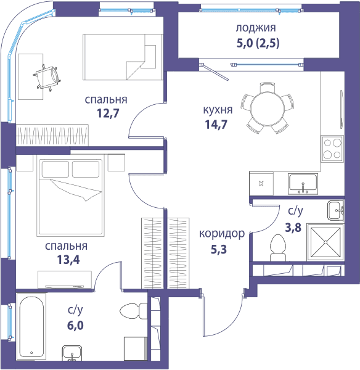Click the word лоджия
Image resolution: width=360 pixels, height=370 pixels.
pos(256,28)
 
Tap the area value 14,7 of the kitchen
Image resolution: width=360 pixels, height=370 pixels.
pos(216,125)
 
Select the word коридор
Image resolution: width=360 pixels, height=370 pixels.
pos(222,234)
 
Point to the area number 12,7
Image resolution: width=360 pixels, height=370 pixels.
pos(108,113)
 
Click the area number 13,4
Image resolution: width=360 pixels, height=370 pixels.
pos(68,260)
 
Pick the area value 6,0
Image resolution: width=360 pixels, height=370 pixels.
pos(75,326)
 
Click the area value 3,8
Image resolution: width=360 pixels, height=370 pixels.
pos(293,228)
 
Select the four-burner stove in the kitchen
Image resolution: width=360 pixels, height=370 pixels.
pos(332,149)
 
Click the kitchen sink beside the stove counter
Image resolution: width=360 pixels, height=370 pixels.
pos(303,184)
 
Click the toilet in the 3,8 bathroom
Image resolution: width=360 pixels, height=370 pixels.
pos(277,248)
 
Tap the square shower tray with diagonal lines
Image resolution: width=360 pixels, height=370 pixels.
pos(325,242)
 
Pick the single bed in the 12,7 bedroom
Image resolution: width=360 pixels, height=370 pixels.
pos(123,57)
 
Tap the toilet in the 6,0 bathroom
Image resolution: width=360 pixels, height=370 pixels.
pos(134,311)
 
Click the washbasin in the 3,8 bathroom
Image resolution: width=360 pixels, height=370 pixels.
pos(335,211)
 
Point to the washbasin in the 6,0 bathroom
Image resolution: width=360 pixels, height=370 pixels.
pos(72,353)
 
